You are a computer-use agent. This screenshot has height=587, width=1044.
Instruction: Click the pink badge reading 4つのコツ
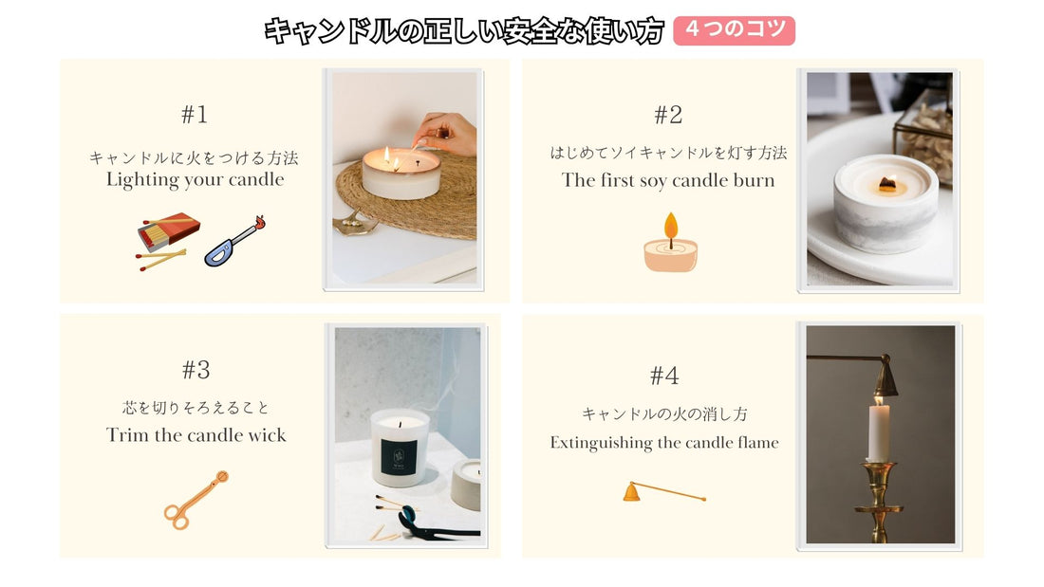734,30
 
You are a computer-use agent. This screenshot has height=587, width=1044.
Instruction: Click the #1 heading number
195,115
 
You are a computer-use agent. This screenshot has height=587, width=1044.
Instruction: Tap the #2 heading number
668,115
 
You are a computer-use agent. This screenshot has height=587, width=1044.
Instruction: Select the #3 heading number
196,370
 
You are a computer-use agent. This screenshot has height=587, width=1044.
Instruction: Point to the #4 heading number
663,376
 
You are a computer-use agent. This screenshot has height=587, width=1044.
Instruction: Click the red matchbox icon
168,231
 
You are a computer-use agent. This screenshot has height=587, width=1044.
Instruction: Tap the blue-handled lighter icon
234,242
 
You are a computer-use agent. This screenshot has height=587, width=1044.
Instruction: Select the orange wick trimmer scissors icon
196,501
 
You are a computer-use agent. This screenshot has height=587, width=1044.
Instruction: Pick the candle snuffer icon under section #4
663,492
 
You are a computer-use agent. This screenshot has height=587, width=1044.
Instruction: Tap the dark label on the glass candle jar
399,456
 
